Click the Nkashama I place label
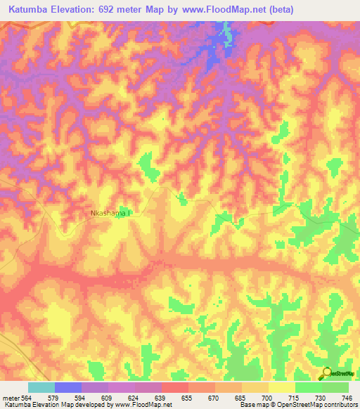pos(111,211)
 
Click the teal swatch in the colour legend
pos(41,387)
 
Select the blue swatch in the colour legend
pos(68,387)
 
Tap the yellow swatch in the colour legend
pos(282,387)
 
